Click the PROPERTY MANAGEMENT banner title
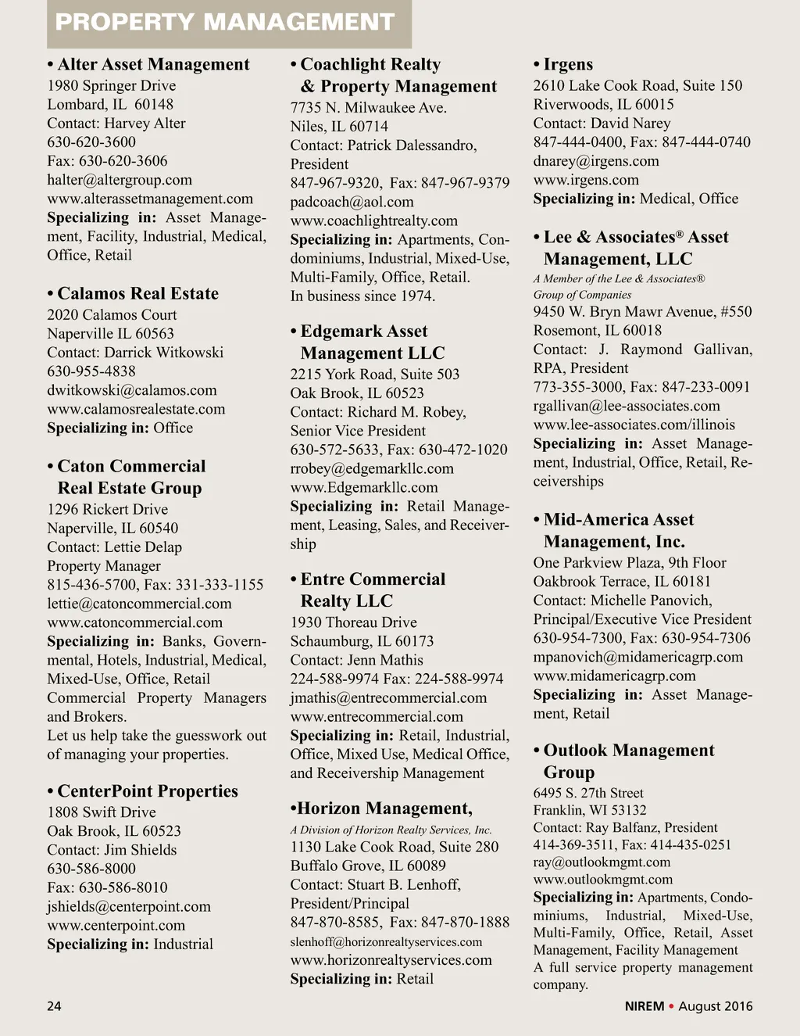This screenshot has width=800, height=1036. point(225,22)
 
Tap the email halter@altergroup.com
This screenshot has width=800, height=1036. point(120,180)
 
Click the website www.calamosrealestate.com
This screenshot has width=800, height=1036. point(136,409)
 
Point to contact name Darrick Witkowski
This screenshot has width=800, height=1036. point(164,353)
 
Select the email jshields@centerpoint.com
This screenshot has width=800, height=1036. point(129,907)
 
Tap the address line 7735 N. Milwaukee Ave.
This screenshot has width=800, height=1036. point(369,108)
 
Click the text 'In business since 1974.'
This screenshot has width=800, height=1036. point(363,296)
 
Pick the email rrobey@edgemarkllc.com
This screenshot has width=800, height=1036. point(372,469)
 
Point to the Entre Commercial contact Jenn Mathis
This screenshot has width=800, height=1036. point(385,661)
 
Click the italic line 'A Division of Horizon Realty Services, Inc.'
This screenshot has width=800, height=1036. point(391,830)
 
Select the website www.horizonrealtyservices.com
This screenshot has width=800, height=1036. point(391,960)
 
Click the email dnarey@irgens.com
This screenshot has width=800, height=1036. point(596,161)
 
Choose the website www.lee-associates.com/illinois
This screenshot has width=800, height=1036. point(634,425)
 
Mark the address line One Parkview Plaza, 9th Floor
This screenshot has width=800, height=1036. point(630,563)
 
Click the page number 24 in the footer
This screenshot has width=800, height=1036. point(54,1006)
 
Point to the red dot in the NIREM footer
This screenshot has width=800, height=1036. point(671,1006)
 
